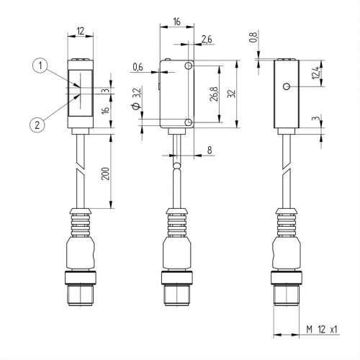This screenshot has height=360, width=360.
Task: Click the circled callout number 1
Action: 42,66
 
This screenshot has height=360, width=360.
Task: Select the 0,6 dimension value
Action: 138,68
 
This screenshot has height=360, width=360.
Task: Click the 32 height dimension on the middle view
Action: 232,95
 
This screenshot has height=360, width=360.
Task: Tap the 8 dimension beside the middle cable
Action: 209,150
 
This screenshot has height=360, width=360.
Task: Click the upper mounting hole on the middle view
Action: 189,66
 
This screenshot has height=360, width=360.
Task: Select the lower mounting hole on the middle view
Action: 189,124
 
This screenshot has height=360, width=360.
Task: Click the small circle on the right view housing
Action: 287,87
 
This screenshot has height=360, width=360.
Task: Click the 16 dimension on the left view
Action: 105,110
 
